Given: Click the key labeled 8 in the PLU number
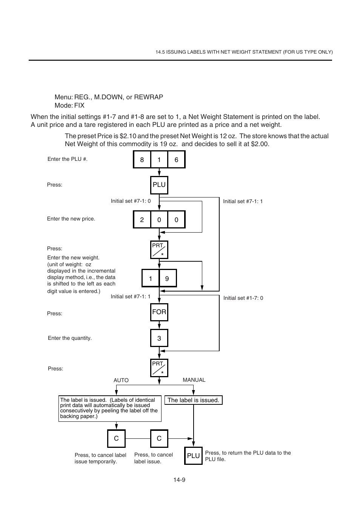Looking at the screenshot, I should [x=142, y=160].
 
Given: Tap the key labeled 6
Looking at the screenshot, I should [x=176, y=160].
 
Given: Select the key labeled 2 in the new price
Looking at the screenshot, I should [x=142, y=220].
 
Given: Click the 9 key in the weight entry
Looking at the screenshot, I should [x=168, y=279].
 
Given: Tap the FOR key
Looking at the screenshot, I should [x=159, y=312].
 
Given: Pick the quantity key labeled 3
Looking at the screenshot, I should [x=159, y=338].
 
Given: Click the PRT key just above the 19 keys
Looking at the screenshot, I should [x=159, y=250].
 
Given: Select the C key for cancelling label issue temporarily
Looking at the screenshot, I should [x=116, y=438].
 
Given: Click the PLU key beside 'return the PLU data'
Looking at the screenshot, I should [x=193, y=456].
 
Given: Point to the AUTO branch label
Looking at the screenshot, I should [x=121, y=380].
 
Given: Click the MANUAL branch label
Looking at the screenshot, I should [x=194, y=380].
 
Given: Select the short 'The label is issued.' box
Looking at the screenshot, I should [x=193, y=400].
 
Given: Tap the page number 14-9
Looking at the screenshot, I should [x=179, y=480].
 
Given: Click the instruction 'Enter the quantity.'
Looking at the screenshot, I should [x=70, y=338].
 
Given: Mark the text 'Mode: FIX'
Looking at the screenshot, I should [x=69, y=105].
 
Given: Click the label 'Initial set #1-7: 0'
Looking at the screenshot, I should [x=243, y=298].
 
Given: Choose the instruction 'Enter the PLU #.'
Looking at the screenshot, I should [x=68, y=159].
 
